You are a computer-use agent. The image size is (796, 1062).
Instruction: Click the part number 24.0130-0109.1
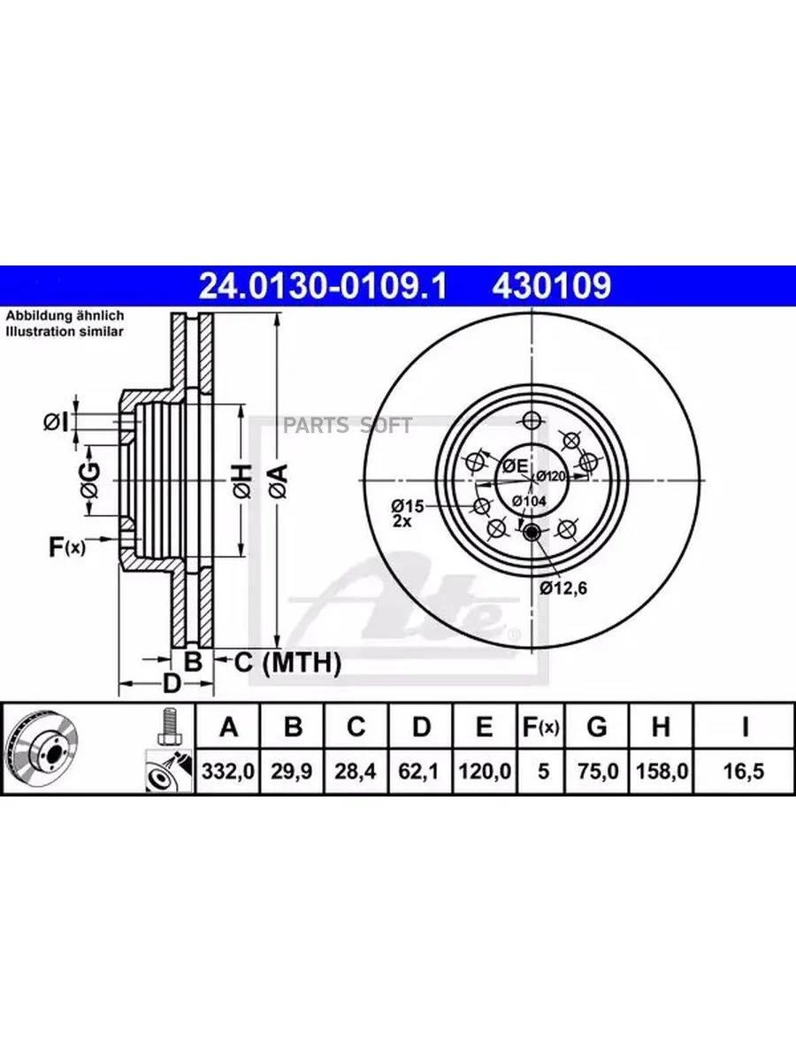point(323,286)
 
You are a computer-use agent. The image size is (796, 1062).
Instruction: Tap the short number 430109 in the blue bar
point(552,286)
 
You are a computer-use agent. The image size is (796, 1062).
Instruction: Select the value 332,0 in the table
point(227,771)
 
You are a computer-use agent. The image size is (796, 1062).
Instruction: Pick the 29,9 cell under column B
point(291,771)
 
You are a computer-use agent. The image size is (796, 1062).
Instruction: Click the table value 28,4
point(356,771)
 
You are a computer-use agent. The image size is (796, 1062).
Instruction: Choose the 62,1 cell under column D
point(419,771)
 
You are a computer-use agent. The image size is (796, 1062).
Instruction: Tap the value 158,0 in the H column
point(662,771)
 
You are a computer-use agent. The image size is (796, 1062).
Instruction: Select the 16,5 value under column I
point(744,771)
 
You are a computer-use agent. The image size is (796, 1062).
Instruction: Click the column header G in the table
point(597,727)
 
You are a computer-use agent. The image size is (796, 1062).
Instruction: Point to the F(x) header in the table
point(540,727)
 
